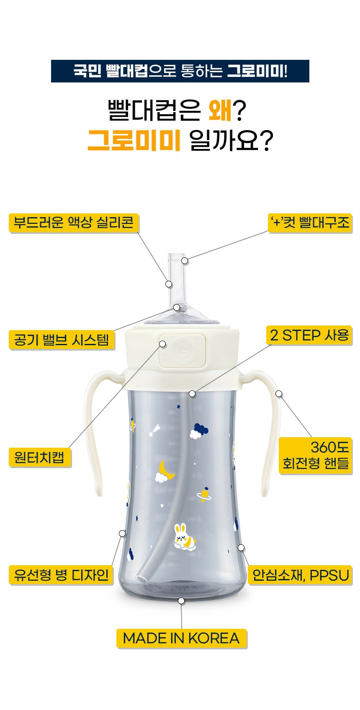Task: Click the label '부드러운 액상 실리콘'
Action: click(x=74, y=223)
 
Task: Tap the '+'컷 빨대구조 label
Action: click(x=310, y=223)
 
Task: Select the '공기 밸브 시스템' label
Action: click(x=62, y=340)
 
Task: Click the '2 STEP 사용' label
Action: click(x=309, y=335)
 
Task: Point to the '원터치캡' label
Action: click(x=40, y=457)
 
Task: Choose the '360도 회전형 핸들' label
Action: click(x=315, y=456)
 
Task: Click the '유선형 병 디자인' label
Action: click(x=61, y=575)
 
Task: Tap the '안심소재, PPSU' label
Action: click(x=300, y=575)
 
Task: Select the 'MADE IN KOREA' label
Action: click(x=181, y=638)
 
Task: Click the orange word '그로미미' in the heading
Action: click(x=134, y=140)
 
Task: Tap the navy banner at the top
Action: click(x=180, y=71)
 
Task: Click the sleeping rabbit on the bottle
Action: click(x=185, y=537)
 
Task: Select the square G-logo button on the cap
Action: click(x=183, y=351)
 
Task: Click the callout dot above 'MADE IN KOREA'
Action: click(x=181, y=601)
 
